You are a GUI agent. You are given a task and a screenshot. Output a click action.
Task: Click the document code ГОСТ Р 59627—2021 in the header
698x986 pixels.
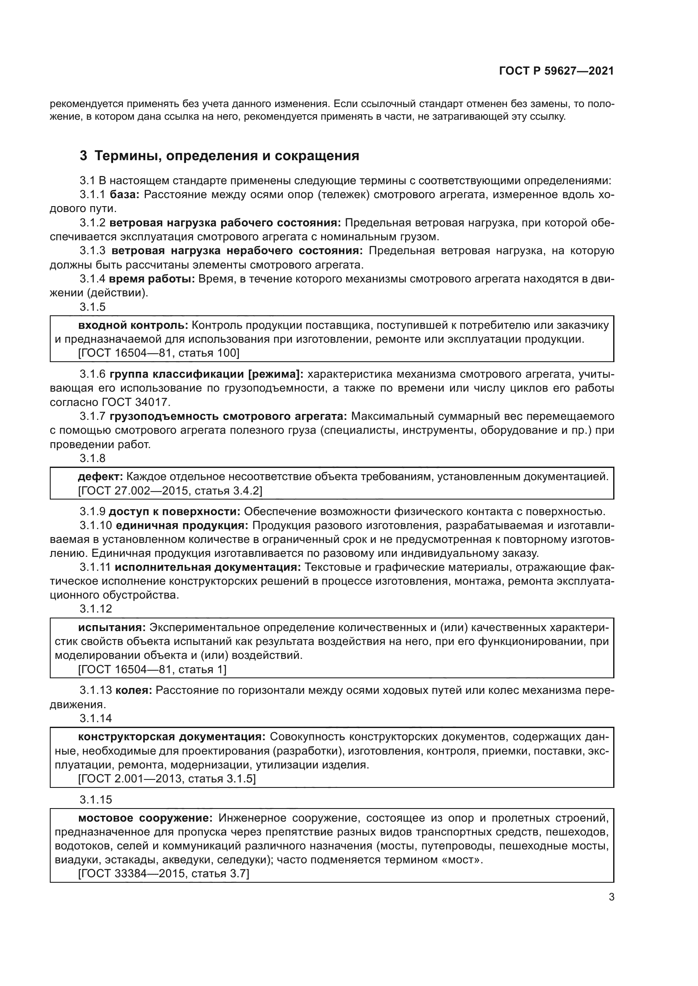coord(556,71)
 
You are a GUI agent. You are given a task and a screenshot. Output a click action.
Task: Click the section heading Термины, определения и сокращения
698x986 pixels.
coord(227,156)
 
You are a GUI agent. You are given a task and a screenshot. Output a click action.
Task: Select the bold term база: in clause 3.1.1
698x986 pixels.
coord(124,194)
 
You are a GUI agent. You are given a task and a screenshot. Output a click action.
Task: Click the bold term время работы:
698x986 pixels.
coord(152,279)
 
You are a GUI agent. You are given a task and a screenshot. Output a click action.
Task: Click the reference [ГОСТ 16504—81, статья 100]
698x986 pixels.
coord(159,353)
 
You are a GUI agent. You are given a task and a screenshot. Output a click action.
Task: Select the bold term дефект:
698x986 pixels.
coord(100,476)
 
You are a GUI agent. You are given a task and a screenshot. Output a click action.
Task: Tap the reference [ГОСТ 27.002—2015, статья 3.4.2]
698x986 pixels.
coord(170,490)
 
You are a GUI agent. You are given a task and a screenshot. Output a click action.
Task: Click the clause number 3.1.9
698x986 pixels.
coord(92,511)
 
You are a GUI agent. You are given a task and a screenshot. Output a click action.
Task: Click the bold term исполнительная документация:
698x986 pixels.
coord(208,567)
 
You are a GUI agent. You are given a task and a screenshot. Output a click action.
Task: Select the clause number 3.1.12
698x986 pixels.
coord(95,609)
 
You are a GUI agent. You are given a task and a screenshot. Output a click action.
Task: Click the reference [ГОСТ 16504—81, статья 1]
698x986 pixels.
coord(152,669)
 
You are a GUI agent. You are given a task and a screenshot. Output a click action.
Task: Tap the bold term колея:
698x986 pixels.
coord(134,690)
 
